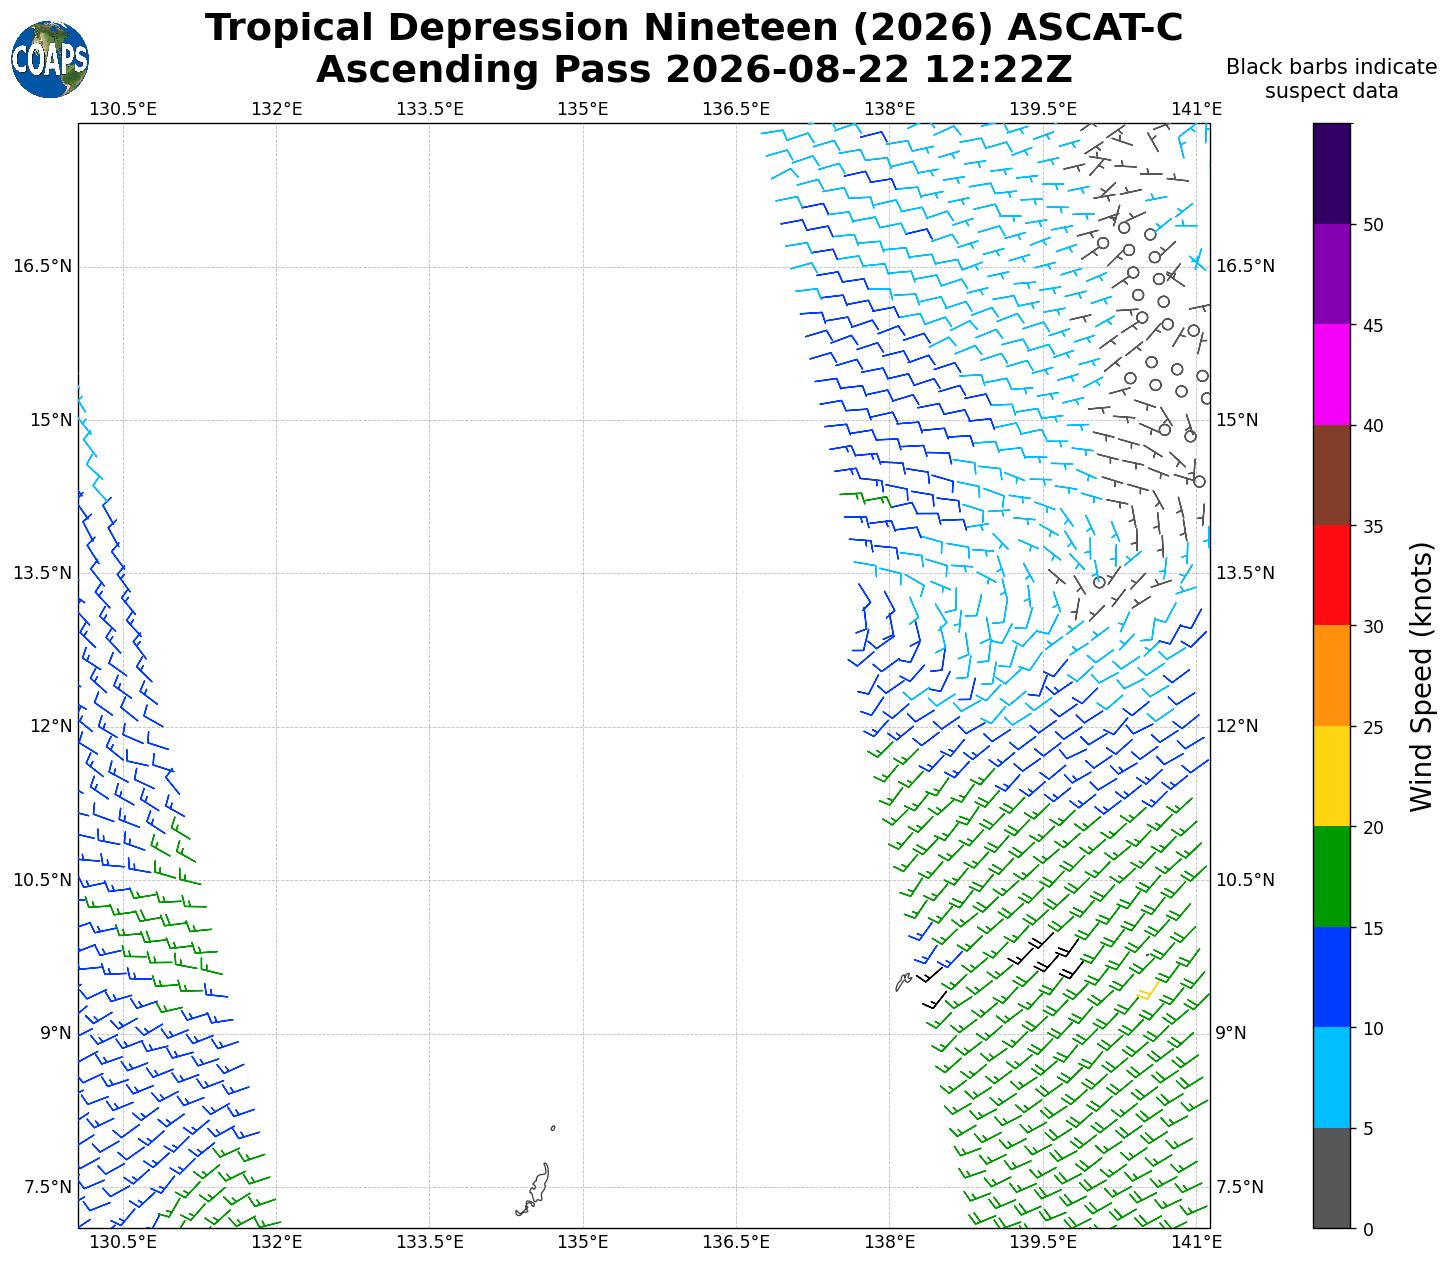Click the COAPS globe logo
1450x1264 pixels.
point(50,60)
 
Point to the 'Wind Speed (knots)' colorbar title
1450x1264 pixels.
point(1421,677)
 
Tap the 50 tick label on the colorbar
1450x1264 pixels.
point(1373,225)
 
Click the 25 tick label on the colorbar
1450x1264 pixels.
point(1373,727)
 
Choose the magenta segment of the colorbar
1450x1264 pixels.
point(1332,375)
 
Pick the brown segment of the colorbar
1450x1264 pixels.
point(1332,475)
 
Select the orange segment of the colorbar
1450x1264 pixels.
point(1332,676)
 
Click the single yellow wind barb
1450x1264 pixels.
point(1148,991)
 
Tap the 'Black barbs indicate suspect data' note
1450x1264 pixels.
point(1332,79)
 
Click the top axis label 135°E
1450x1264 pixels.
point(583,109)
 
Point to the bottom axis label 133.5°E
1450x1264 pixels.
point(429,1242)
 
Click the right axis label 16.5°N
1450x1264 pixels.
point(1245,266)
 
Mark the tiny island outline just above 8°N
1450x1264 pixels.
point(553,1128)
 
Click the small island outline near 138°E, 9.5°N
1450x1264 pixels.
point(903,982)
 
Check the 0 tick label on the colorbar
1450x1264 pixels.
point(1368,1229)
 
